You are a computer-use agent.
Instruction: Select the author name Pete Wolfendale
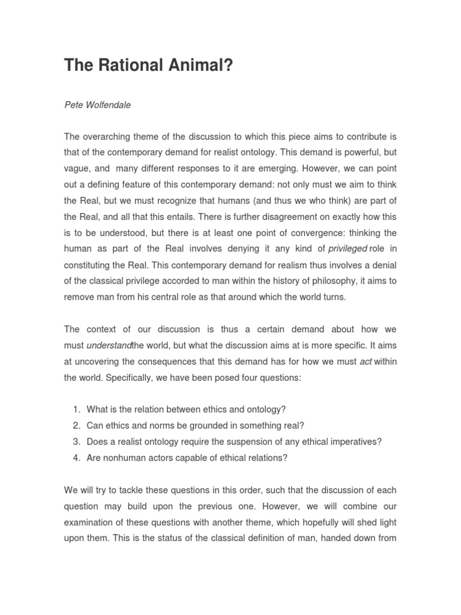97,105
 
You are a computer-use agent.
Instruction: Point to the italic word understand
109,345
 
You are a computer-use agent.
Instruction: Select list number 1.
76,410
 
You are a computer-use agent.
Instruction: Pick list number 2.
76,426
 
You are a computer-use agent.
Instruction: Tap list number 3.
76,442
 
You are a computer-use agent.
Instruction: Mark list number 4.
76,458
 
